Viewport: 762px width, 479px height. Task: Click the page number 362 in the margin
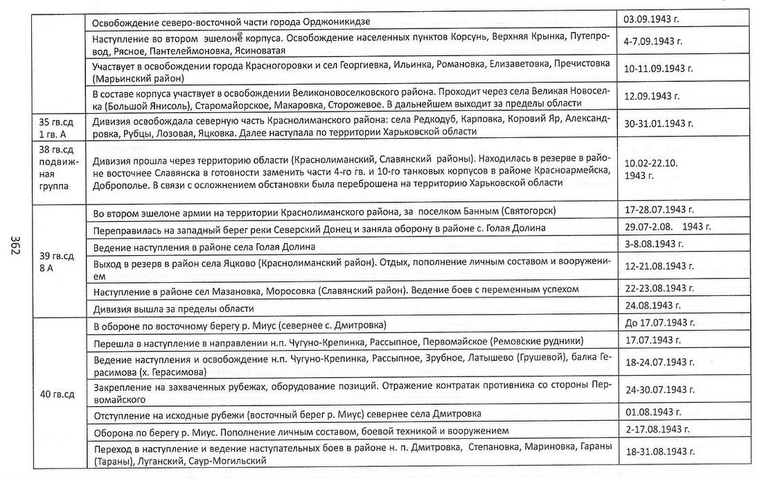pyautogui.click(x=15, y=246)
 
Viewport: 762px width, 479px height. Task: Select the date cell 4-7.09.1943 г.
pyautogui.click(x=653, y=41)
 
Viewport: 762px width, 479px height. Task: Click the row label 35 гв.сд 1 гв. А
pyautogui.click(x=54, y=123)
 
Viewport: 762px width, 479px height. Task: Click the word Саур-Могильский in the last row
pyautogui.click(x=231, y=461)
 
